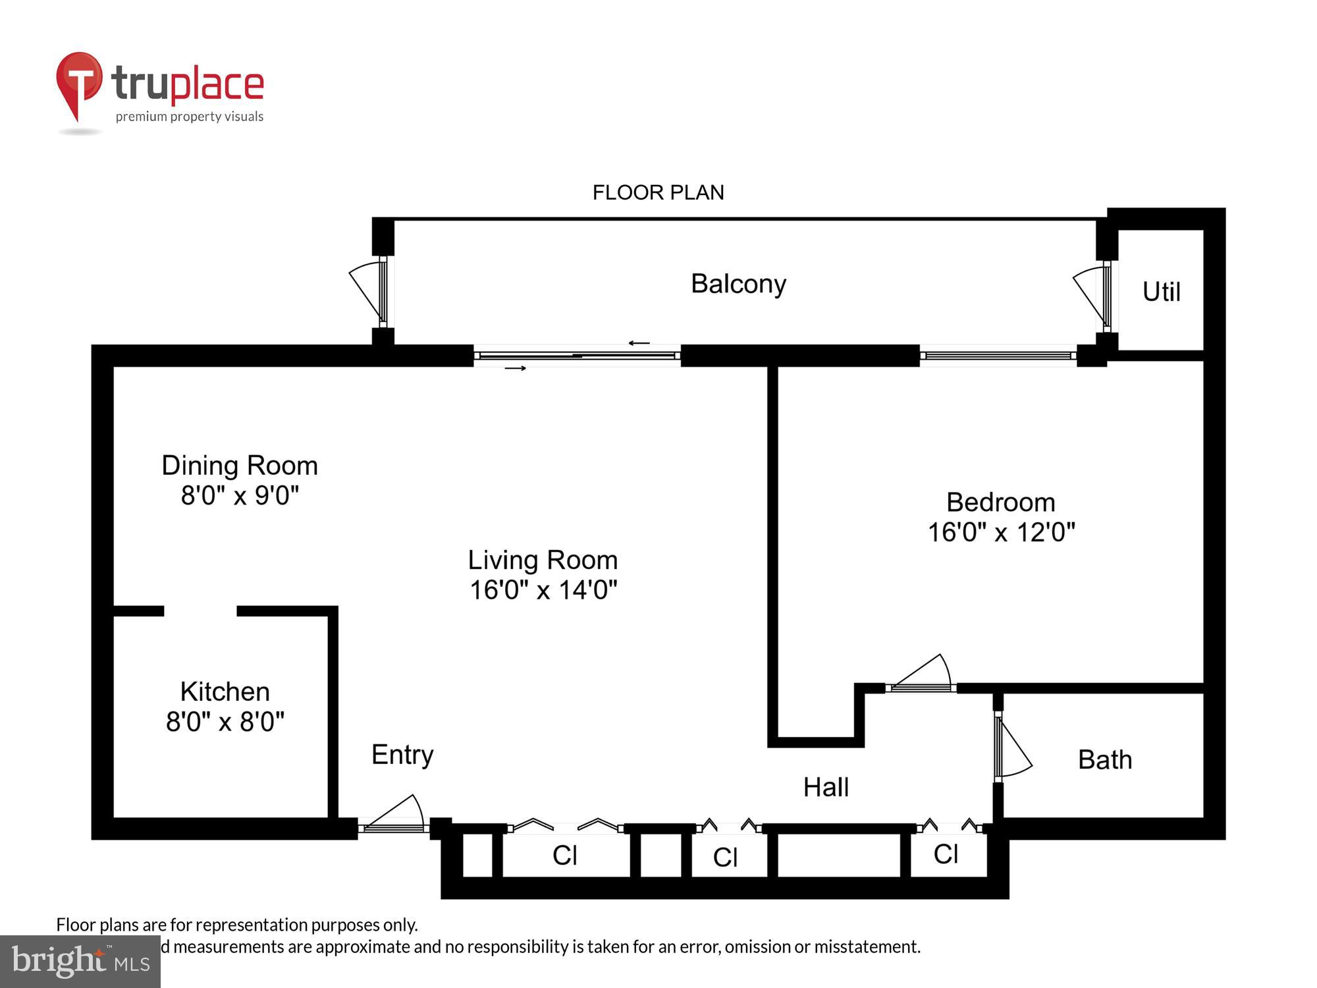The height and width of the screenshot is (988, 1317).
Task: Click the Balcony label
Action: point(738,284)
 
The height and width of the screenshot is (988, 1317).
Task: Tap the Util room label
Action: point(1161,292)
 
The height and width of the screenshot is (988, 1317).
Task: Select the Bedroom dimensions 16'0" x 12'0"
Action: point(1001,532)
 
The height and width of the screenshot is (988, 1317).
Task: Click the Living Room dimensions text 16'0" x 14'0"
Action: point(543,590)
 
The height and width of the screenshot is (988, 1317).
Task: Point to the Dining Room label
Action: point(240,466)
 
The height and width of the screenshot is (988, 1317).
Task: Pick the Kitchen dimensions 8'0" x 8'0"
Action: point(225,722)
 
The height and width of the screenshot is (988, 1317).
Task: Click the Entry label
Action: point(402,754)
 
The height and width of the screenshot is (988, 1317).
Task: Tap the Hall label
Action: point(826,787)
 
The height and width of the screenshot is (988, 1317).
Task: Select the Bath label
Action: point(1105,759)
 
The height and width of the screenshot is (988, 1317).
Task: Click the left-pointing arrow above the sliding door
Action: point(639,343)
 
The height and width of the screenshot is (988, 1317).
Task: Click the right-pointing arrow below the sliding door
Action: point(515,368)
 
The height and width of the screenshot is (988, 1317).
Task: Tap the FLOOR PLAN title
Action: point(658,192)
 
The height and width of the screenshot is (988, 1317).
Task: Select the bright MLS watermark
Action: point(80,962)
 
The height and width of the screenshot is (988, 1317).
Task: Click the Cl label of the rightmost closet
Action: point(946,854)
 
